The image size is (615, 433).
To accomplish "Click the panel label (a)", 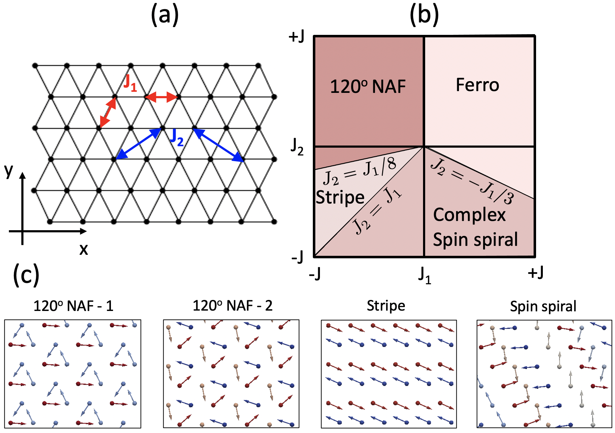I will coord(165,16).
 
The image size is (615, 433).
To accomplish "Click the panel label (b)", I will coord(424,16).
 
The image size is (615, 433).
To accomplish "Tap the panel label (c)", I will coord(26,275).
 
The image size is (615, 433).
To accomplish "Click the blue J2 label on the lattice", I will coord(177,138).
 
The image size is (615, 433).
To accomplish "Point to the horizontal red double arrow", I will coord(161,97).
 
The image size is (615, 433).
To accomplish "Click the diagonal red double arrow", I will coord(108,112).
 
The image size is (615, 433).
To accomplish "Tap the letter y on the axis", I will coord(9,171).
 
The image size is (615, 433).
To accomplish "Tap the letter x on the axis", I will coord(84,249).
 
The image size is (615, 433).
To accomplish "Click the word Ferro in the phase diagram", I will coord(477,85).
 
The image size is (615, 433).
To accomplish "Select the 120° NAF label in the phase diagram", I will coord(368,86).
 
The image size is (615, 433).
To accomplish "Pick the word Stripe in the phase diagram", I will coord(340,197).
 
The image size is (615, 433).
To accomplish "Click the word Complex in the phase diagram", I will coord(469,215).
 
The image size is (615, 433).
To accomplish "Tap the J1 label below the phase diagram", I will coord(424,275).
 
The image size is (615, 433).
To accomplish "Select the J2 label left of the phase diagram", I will coord(297,146).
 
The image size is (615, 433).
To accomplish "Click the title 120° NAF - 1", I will coord(73,306).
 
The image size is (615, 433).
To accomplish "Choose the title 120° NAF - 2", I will coord(232,306).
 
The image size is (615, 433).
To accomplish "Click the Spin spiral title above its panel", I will coord(543,306).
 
